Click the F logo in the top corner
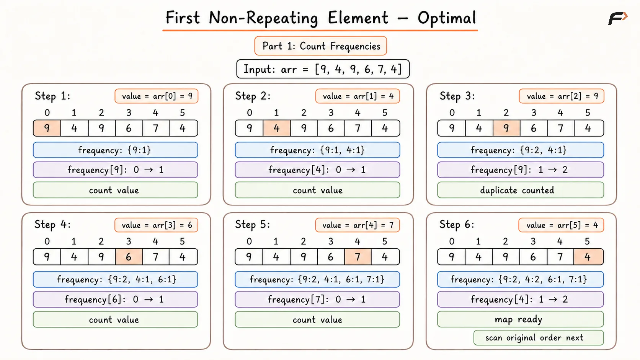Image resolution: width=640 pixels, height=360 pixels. (618, 19)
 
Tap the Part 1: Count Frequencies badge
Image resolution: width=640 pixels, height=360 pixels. (320, 46)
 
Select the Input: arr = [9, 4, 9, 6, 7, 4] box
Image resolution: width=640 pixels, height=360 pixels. (323, 69)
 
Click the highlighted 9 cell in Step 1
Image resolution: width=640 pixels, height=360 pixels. (47, 128)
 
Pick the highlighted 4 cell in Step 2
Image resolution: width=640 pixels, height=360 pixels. (277, 128)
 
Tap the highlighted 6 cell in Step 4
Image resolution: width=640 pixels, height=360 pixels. (129, 257)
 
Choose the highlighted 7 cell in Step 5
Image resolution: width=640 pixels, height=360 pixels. (358, 257)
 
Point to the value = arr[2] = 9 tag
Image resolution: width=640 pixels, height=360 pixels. (562, 96)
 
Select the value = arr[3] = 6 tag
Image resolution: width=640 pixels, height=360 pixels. (156, 225)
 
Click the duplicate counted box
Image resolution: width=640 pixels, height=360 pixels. (521, 190)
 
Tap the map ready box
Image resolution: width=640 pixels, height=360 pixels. (521, 319)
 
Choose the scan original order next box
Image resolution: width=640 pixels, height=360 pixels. (539, 338)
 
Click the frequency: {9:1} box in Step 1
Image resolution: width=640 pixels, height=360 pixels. (116, 150)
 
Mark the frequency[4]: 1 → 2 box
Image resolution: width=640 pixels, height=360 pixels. (521, 299)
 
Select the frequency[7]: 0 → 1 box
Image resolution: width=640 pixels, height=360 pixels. (317, 299)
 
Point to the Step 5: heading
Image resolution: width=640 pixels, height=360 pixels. (253, 225)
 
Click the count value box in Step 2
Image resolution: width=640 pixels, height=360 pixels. (317, 190)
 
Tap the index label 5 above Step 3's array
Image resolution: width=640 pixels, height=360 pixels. (588, 113)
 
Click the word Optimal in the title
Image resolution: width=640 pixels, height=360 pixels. (447, 18)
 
